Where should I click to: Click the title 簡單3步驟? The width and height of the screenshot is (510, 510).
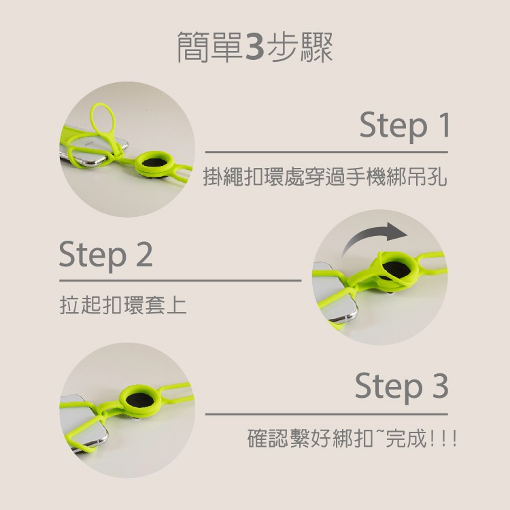pyautogui.click(x=255, y=47)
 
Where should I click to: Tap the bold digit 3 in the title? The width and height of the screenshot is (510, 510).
pyautogui.click(x=255, y=47)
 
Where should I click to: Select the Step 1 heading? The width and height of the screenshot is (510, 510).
pyautogui.click(x=405, y=126)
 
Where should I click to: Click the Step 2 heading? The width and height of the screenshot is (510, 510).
pyautogui.click(x=105, y=255)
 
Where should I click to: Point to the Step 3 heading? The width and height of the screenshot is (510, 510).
pyautogui.click(x=402, y=386)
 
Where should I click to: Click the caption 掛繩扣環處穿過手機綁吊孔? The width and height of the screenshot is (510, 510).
pyautogui.click(x=325, y=177)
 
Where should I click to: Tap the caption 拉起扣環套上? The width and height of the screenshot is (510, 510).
pyautogui.click(x=123, y=305)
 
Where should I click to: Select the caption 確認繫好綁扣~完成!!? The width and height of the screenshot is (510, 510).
pyautogui.click(x=352, y=438)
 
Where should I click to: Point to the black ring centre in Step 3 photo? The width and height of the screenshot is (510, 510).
pyautogui.click(x=140, y=400)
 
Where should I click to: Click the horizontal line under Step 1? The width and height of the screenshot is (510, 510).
pyautogui.click(x=326, y=152)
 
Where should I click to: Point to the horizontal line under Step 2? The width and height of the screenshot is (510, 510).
pyautogui.click(x=180, y=280)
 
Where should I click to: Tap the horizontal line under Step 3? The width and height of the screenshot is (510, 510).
pyautogui.click(x=326, y=414)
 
